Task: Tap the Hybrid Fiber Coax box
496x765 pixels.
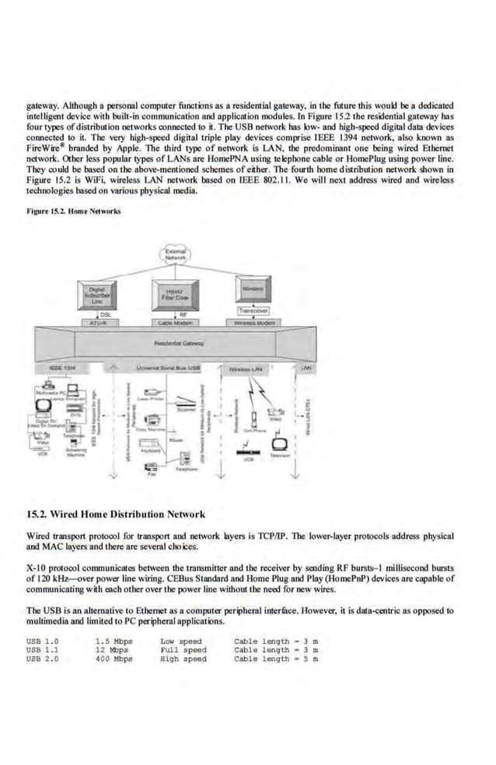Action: pyautogui.click(x=175, y=295)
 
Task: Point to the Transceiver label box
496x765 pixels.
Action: pyautogui.click(x=253, y=309)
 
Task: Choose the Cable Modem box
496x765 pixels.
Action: pyautogui.click(x=175, y=321)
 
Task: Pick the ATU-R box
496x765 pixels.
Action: pyautogui.click(x=99, y=321)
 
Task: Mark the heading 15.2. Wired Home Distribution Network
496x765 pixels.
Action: pyautogui.click(x=116, y=514)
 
